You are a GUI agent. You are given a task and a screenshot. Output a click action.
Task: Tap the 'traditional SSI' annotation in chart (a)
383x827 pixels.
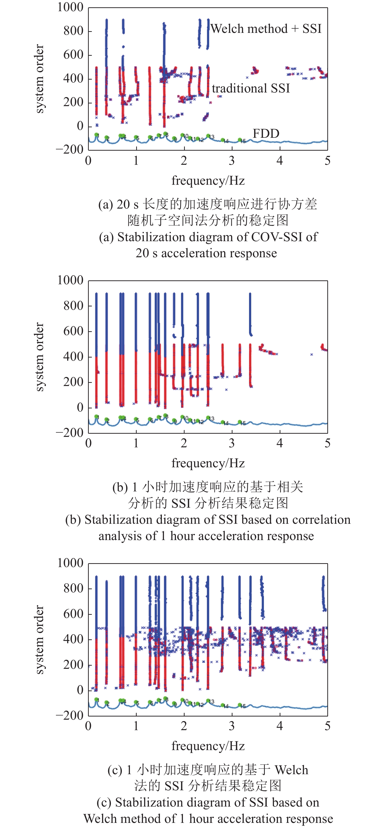[251, 88]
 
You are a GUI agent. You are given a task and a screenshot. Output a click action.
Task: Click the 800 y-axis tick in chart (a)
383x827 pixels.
[73, 31]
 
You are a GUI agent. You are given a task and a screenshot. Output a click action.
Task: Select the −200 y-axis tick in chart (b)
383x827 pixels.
[70, 433]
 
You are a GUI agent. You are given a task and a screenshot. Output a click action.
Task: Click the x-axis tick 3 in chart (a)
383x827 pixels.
[232, 161]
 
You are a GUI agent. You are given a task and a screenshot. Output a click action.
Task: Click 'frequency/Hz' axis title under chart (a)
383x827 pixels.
[208, 180]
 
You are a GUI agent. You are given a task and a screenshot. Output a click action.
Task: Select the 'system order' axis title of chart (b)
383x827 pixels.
[39, 357]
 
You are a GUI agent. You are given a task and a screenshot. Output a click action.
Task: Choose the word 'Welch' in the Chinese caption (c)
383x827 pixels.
[291, 770]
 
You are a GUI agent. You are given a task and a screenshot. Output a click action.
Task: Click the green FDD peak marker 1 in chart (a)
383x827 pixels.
[97, 135]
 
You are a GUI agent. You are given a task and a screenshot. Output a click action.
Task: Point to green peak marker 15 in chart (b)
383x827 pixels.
[240, 422]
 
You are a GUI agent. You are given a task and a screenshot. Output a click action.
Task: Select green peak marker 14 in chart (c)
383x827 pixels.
[223, 705]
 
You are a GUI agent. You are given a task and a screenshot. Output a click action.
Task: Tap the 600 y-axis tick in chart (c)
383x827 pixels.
[73, 614]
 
